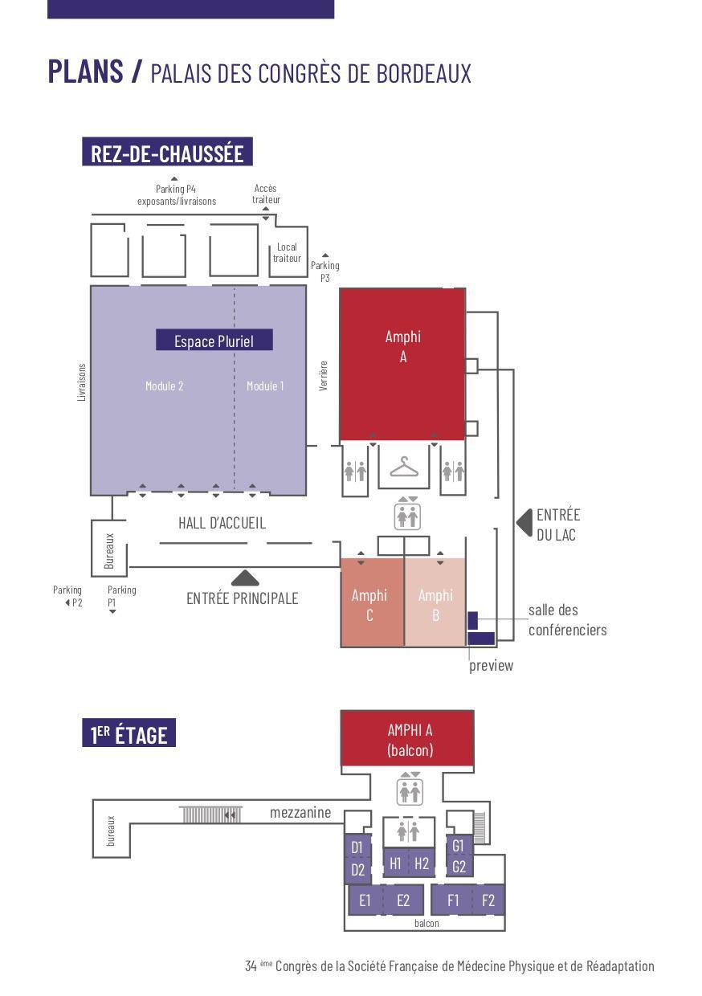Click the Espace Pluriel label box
coord(214,340)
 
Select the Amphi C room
coord(372,602)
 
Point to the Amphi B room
coord(435,602)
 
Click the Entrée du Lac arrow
coord(525,523)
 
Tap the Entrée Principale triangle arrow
coord(245,578)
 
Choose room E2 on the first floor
coord(402,900)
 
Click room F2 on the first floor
coord(488,900)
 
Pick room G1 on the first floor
coord(459,845)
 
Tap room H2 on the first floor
coord(422,863)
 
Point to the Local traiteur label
coord(287,252)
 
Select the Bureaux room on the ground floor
coord(109,549)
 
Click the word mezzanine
coord(300,813)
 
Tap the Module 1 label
coord(265,386)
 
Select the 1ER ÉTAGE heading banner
coord(129,734)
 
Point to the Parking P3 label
coord(325,271)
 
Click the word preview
coord(491,666)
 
